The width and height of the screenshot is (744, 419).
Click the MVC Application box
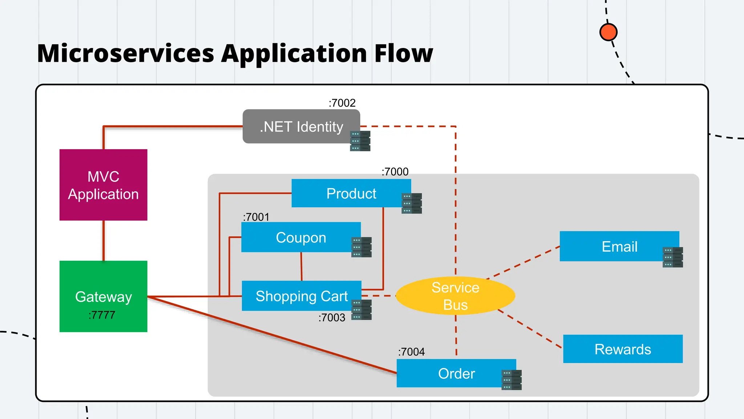pos(103,185)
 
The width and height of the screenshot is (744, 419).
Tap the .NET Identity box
pos(301,127)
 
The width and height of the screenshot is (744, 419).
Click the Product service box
pos(351,193)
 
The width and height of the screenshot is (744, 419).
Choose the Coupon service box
pos(300,237)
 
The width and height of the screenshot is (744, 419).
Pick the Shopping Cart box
pos(301,296)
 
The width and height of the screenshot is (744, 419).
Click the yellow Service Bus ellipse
pos(455,296)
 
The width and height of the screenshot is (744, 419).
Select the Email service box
pos(619,246)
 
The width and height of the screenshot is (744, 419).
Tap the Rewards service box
pos(623,349)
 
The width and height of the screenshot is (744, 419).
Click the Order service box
pos(456,373)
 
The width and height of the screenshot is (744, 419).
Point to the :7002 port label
pos(342,103)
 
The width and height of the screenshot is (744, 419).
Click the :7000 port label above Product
pos(395,172)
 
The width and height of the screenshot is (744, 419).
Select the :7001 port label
pos(256,217)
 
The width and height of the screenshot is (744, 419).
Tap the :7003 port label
pos(332,318)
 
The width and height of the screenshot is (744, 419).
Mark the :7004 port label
pos(411,352)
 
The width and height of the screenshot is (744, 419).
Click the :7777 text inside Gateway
pos(102,315)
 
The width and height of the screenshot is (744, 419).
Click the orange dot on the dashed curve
pos(608,32)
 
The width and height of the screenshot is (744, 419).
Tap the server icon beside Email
pos(672,257)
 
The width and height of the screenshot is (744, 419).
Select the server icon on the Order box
pos(511,380)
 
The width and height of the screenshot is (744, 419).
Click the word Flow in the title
pos(403,53)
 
